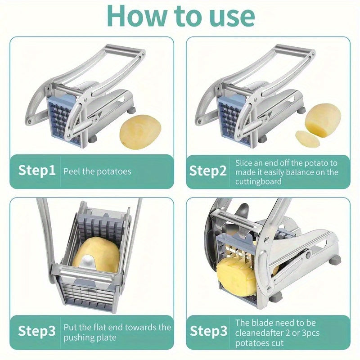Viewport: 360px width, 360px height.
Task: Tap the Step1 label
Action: tap(37, 171)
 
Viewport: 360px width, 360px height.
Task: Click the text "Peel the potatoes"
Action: tap(97, 171)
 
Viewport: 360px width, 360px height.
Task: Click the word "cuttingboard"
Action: tap(258, 181)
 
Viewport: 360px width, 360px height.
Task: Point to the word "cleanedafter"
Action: tap(258, 333)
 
